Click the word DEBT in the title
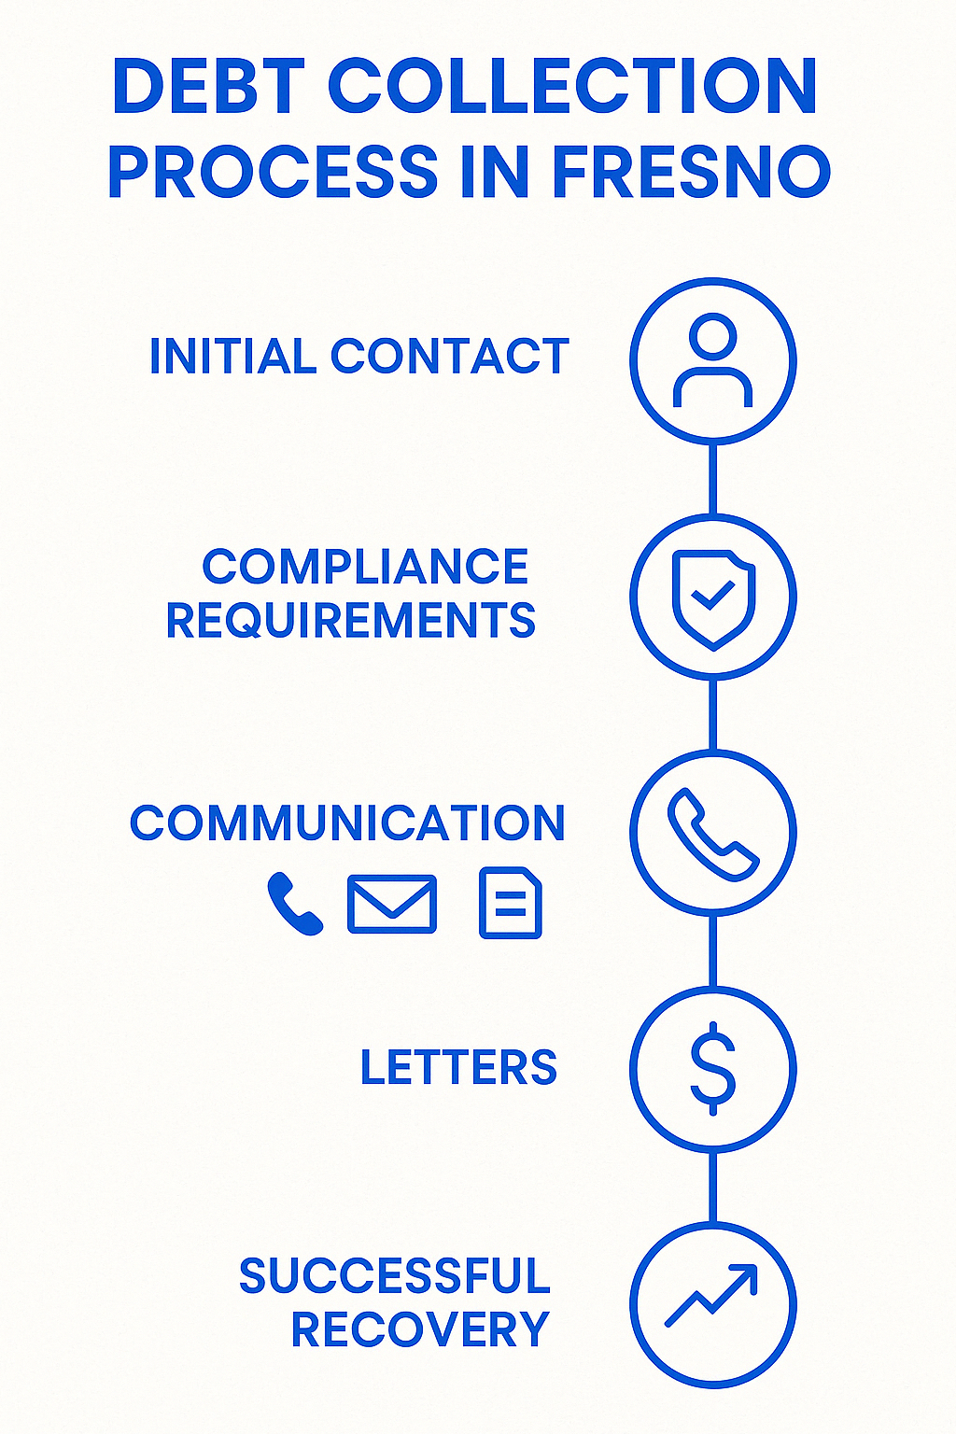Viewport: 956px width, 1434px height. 208,87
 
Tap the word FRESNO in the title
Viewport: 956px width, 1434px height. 691,173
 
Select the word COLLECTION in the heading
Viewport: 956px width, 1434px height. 572,87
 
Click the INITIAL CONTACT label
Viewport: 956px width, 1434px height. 358,357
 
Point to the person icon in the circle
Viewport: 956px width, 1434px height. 712,360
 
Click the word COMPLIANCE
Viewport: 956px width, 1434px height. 365,567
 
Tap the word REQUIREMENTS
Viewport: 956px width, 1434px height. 350,621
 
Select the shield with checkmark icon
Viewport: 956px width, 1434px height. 713,597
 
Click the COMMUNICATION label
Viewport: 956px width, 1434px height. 347,823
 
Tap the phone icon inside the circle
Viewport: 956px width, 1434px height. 712,834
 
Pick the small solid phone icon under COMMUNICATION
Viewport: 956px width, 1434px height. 294,904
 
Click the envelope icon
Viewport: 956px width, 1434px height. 391,904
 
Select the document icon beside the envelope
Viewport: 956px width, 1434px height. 510,903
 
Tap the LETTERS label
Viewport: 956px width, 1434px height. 458,1068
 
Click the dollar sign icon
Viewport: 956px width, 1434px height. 712,1069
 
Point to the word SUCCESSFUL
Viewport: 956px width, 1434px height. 394,1276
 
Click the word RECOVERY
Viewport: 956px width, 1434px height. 420,1330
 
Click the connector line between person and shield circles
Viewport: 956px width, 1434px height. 712,479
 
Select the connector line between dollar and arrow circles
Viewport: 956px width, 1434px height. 712,1187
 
